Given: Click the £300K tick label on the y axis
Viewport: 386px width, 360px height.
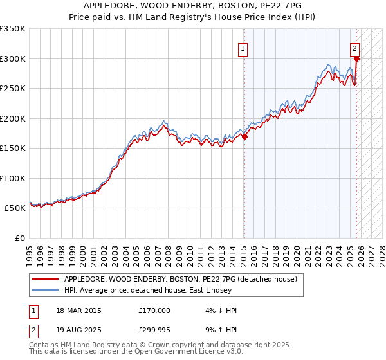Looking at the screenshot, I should coord(13,59).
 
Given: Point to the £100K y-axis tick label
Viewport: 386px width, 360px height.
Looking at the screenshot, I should coord(13,178).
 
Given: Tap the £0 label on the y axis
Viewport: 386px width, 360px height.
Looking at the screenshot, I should coord(19,238).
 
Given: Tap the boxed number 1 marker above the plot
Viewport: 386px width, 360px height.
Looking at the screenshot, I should coord(244,48).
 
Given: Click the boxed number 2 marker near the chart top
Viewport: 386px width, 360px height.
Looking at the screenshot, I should coord(355,48).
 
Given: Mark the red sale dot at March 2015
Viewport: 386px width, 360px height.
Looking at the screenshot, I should coord(244,136).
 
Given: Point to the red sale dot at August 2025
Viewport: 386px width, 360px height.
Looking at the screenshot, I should coord(357,59).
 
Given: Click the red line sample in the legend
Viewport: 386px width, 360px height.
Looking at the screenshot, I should coord(46,279).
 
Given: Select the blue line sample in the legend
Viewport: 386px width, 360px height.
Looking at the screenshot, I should coord(46,291).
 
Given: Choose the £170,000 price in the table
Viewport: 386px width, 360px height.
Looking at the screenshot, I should coord(155,310).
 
